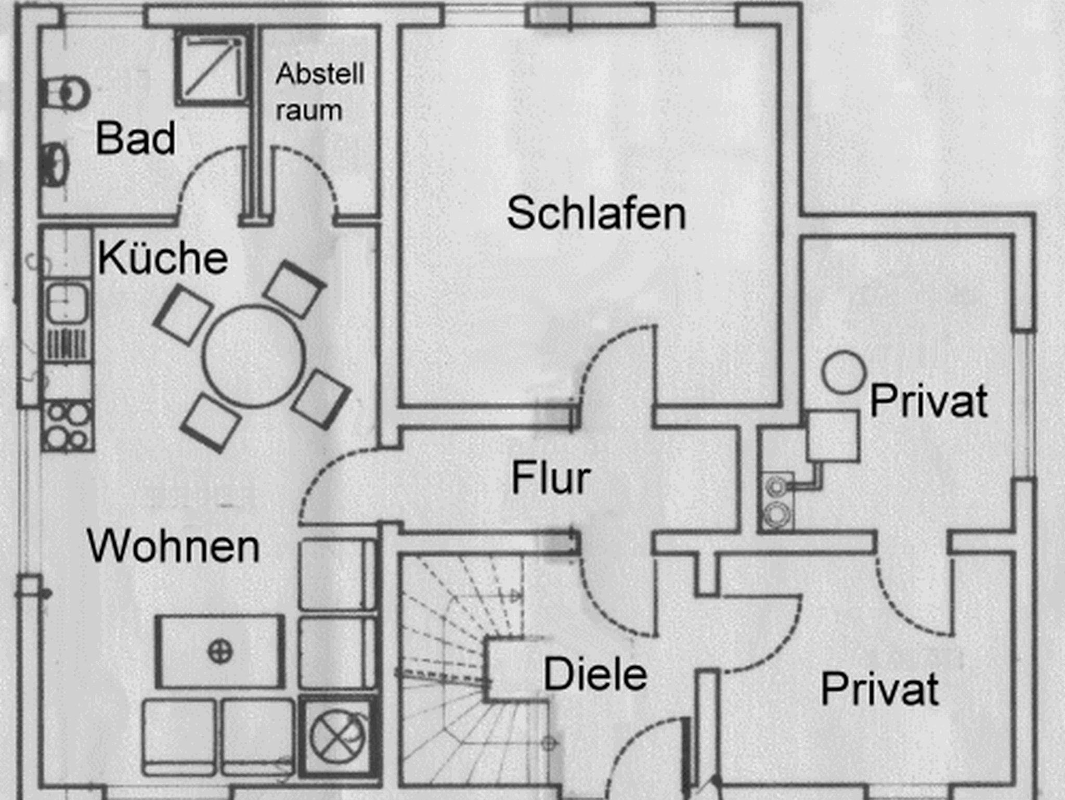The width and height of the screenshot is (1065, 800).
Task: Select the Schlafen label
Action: click(596, 213)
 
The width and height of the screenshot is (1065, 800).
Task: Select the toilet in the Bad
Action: click(65, 93)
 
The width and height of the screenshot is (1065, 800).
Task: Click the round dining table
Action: click(253, 356)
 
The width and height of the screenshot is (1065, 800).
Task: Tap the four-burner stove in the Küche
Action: click(68, 426)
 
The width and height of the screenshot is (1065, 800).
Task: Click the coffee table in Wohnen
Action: click(220, 651)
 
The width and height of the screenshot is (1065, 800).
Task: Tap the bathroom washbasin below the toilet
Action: click(54, 163)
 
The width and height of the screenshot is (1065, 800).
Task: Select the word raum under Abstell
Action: click(309, 111)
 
